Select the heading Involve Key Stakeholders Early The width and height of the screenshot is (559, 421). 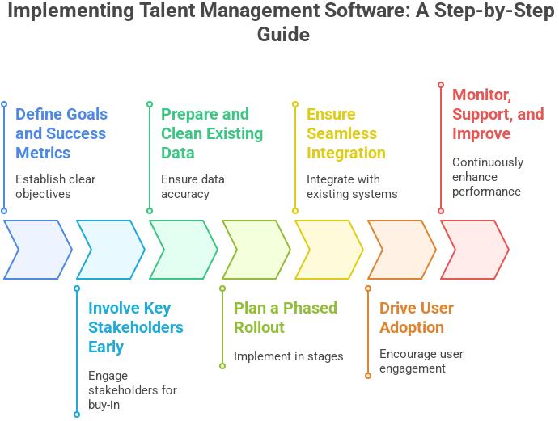pos(135,327)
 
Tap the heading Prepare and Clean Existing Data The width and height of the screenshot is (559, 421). pos(211,133)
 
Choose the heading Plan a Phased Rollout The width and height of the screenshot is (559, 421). pos(285,318)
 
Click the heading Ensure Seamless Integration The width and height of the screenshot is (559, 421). pos(345,133)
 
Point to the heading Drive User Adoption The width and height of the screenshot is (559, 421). pos(417,318)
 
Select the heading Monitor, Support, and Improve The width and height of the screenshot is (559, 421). pos(498,113)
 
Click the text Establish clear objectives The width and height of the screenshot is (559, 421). pos(54,186)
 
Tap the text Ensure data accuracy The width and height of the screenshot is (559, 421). pos(193,186)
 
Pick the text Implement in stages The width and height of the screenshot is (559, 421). pos(288,356)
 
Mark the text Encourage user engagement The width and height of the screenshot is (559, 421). pos(421,361)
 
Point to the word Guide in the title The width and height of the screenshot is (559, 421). pos(283,36)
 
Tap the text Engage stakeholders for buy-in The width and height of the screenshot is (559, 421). pos(132,390)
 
